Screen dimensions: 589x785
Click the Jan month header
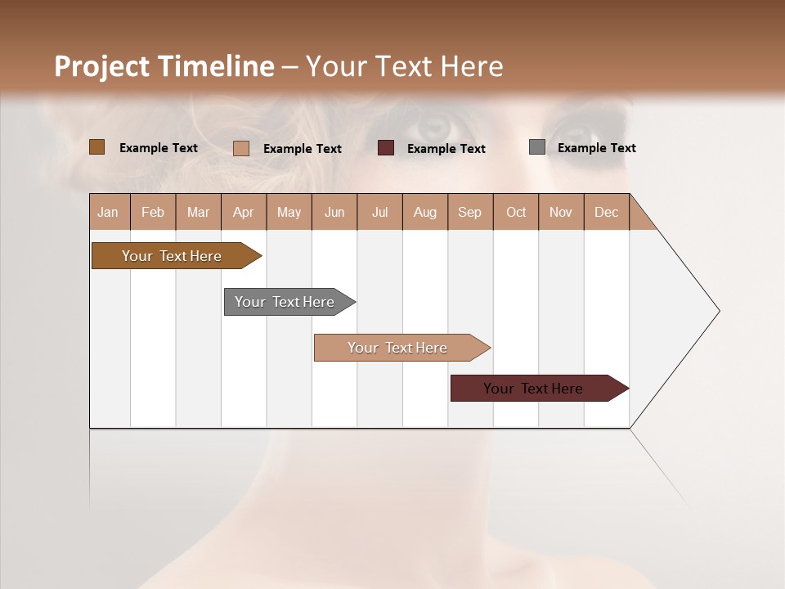[x=108, y=212]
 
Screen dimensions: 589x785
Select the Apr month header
[x=243, y=212]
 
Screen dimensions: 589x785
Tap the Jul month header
[x=379, y=212]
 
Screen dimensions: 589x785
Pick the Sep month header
[x=469, y=212]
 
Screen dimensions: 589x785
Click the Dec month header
[x=606, y=212]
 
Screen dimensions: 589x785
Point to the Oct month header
[x=516, y=212]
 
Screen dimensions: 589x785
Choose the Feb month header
[x=153, y=212]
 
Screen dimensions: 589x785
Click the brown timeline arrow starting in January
[x=172, y=256]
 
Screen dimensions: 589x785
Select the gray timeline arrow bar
[x=285, y=302]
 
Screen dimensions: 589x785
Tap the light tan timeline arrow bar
[x=397, y=348]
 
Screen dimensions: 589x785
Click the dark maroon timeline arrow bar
[x=533, y=389]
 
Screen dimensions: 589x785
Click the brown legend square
[x=96, y=147]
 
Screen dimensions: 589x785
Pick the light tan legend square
[x=240, y=148]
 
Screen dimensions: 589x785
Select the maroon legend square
[x=385, y=148]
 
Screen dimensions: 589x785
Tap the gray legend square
[x=536, y=147]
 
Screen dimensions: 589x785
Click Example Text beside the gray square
[x=596, y=147]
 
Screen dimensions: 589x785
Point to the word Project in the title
[x=101, y=66]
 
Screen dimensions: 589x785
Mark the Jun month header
[x=334, y=212]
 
